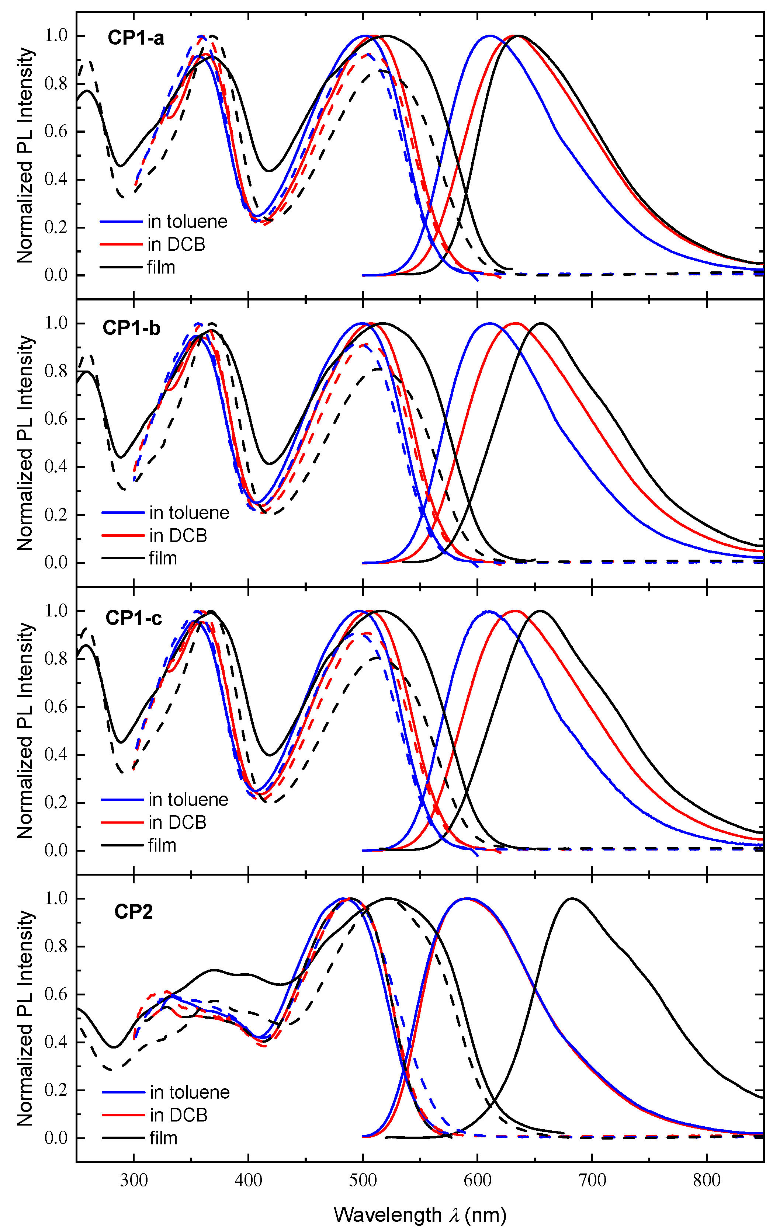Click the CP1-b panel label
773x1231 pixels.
[131, 327]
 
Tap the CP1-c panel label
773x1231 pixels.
[134, 618]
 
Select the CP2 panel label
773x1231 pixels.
[134, 911]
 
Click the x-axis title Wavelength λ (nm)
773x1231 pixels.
[420, 1214]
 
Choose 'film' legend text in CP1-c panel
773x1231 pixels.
[162, 845]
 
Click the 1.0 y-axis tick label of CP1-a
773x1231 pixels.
[56, 35]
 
